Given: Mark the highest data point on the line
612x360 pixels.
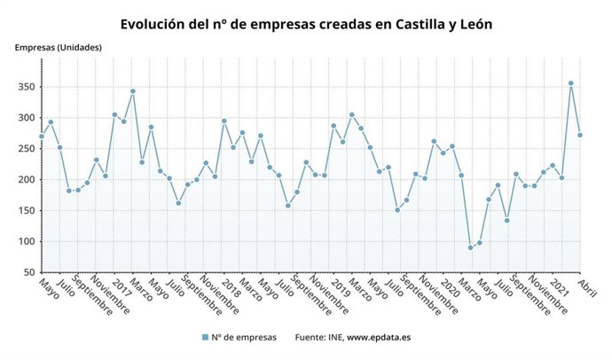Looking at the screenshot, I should click(x=570, y=83).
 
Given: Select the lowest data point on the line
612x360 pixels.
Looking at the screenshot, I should click(x=470, y=247).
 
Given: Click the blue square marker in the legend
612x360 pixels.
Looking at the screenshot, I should click(x=205, y=337).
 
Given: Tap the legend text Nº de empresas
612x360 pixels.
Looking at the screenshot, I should click(x=244, y=337).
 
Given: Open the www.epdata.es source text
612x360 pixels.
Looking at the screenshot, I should click(x=378, y=337).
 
